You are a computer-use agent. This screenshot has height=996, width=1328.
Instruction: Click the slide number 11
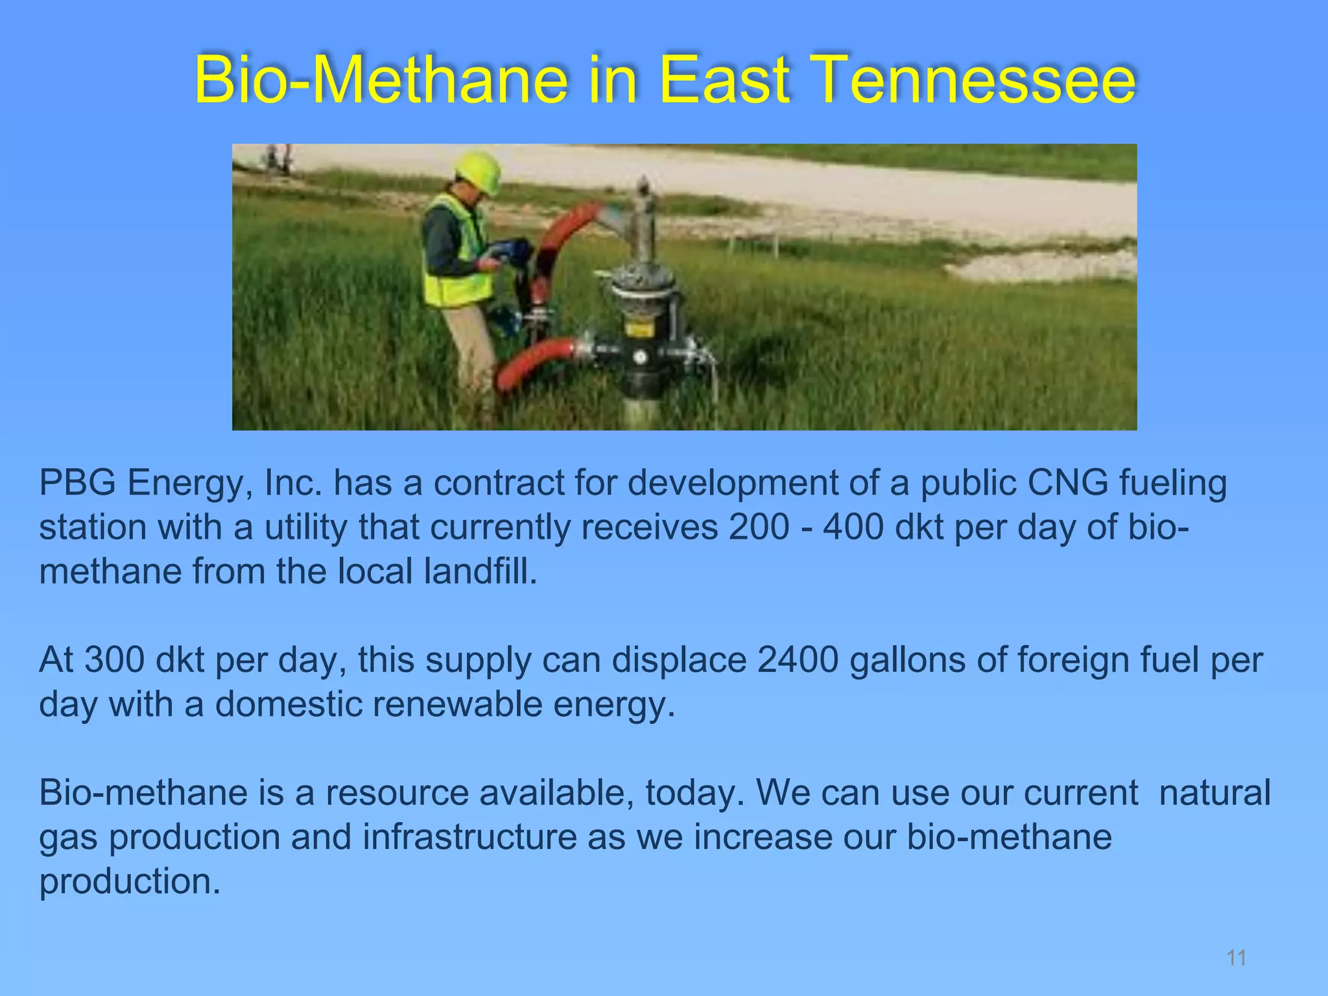[1237, 958]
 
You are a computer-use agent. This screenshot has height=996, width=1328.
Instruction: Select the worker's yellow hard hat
[479, 170]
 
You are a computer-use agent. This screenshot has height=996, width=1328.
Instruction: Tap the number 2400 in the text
[798, 660]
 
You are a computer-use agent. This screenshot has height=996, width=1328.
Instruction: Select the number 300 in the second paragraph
[113, 660]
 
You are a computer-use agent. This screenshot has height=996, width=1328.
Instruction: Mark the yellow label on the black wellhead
[639, 329]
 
